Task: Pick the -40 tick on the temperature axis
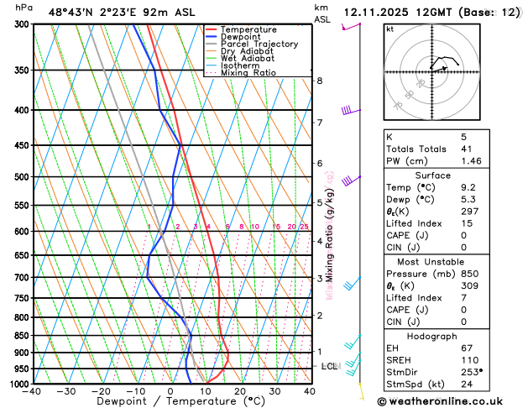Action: (33, 390)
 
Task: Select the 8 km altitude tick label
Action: (320, 81)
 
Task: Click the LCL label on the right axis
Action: (329, 367)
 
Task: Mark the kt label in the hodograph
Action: (389, 29)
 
